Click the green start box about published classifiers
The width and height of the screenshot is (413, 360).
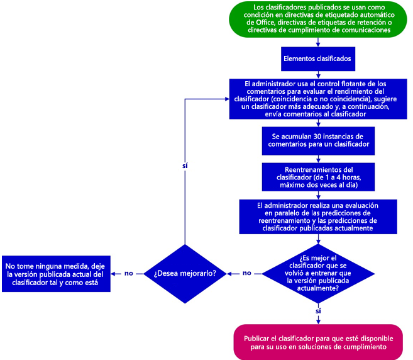point(319,19)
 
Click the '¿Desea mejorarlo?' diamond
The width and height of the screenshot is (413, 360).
point(185,274)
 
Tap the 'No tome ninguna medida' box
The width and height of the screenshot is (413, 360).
point(55,274)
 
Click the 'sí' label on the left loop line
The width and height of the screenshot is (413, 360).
point(185,166)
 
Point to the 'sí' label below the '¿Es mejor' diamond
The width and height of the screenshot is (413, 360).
point(318,311)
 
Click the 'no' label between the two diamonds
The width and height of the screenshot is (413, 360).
point(247,274)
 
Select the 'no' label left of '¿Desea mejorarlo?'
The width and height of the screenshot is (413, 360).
point(129,274)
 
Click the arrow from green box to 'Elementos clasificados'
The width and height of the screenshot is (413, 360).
point(319,42)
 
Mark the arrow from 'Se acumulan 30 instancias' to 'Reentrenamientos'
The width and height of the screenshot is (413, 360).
point(319,158)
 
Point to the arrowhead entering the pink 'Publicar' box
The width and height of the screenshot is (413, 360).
point(318,322)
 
